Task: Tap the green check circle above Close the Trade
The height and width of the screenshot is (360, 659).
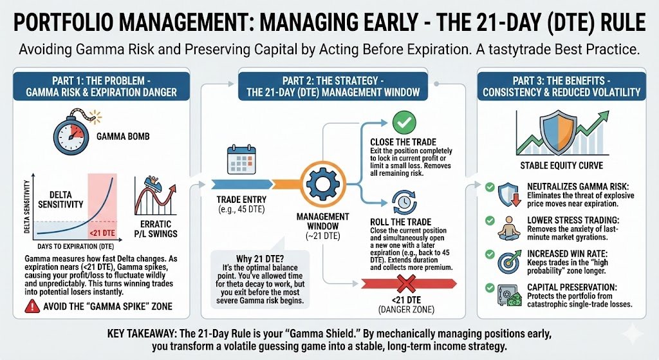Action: pos(404,121)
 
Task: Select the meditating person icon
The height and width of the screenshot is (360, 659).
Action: pos(509,227)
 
